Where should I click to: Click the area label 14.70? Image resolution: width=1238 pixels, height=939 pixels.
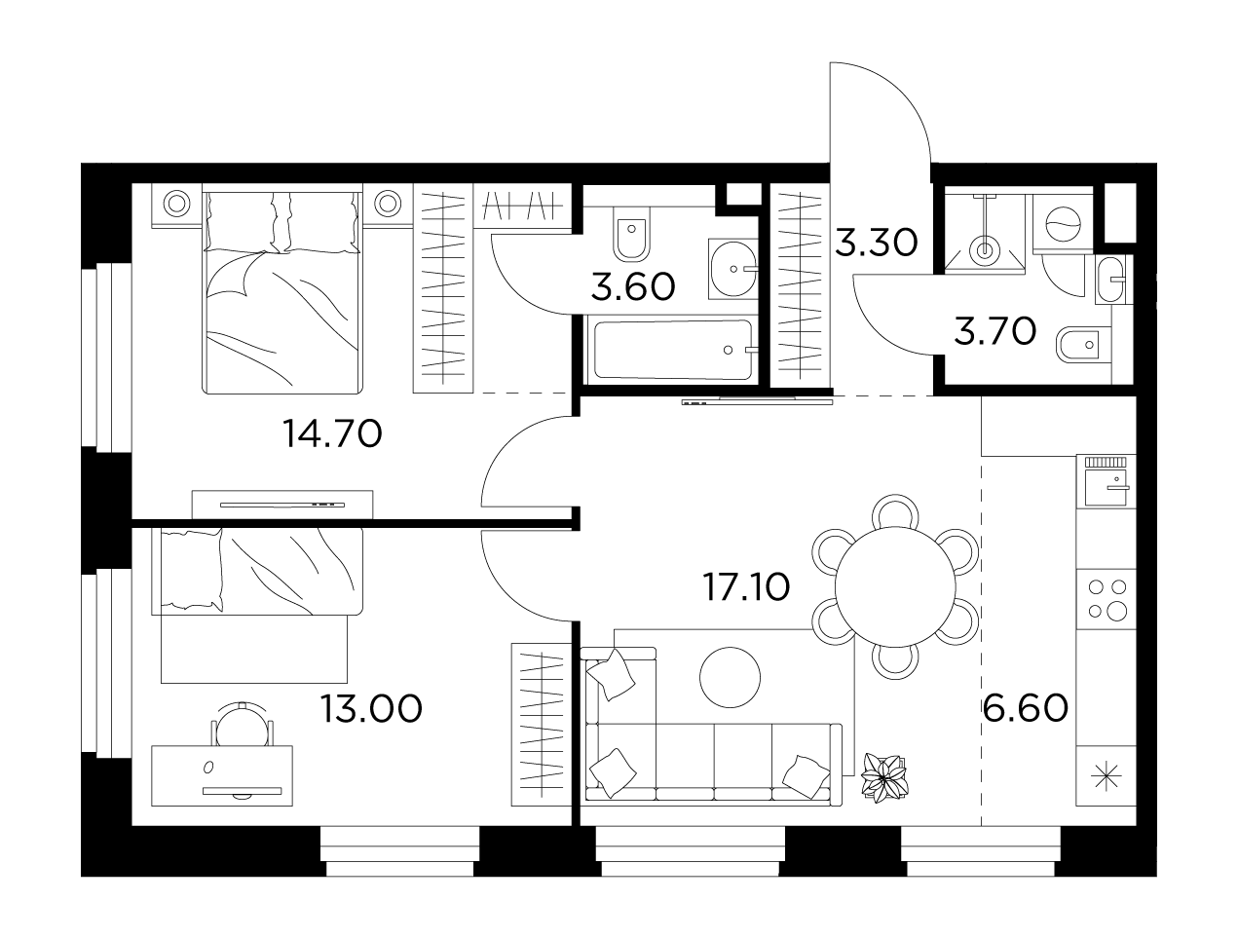(x=333, y=434)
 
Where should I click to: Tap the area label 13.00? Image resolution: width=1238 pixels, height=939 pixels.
(x=371, y=709)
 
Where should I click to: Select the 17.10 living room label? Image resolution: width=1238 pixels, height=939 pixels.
(x=746, y=587)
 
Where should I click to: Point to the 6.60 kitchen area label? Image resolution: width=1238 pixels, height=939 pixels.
(x=1026, y=708)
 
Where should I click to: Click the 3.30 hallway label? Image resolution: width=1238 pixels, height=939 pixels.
(x=877, y=244)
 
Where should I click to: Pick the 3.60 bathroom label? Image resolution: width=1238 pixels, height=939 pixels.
(x=633, y=286)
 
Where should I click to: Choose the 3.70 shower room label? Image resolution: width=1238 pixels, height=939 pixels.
(x=994, y=331)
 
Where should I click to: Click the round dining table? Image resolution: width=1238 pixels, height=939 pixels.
(x=895, y=586)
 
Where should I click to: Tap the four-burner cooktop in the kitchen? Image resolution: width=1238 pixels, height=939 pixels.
(x=1107, y=599)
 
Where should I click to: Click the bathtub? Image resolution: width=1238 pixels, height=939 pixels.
(x=672, y=350)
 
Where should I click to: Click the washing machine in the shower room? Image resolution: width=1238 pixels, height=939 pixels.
(x=1063, y=224)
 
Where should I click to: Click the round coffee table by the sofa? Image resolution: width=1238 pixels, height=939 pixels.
(x=730, y=677)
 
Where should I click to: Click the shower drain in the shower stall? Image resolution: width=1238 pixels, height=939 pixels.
(x=985, y=248)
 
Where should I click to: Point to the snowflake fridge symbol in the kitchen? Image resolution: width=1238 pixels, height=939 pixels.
(x=1107, y=776)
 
